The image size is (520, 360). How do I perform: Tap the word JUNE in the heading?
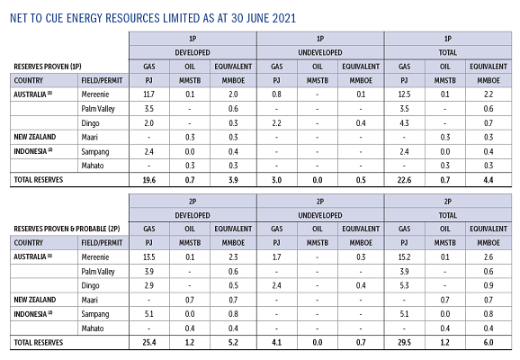coord(257,18)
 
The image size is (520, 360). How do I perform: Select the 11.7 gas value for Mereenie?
coord(149,94)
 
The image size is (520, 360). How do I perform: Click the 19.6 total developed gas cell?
coord(149,180)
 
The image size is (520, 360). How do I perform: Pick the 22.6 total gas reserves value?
coord(404,180)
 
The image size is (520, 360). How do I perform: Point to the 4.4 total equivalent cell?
coord(489,180)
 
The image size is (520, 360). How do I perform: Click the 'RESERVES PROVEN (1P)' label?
coord(48,67)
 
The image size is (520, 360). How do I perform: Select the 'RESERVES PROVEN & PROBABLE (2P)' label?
coord(67,229)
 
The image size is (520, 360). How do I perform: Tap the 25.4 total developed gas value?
coord(149,342)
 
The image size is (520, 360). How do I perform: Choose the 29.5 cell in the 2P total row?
coord(404,342)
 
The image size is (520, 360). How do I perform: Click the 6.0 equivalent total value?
coord(489,342)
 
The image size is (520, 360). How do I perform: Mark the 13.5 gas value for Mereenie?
coord(149,257)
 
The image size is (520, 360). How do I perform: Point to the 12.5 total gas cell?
coord(404,94)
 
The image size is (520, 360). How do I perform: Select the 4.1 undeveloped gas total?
coord(276,342)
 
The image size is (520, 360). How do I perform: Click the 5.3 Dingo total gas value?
coord(404,285)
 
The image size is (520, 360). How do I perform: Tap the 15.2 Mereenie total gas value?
coord(404,257)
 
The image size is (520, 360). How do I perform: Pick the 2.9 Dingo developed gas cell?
coord(149,285)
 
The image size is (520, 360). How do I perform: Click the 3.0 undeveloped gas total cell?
coord(276,180)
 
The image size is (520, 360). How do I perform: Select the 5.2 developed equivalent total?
coord(233,342)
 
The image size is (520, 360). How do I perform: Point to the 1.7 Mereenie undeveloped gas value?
coord(276,257)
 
